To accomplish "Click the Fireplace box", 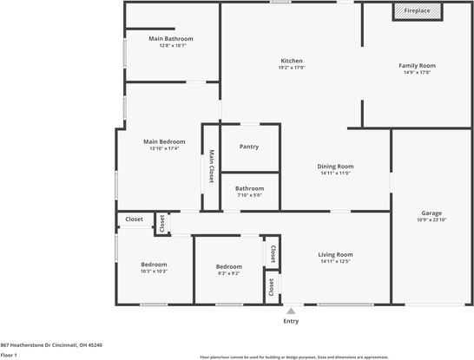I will [x=418, y=11].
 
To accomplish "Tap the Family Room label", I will [x=417, y=66].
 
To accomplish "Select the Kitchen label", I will [x=291, y=61].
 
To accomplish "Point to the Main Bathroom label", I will [x=170, y=39].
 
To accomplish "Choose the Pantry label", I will [x=249, y=147].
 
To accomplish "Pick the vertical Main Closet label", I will [x=211, y=167].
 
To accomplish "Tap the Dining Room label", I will [x=334, y=166].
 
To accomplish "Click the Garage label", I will [x=431, y=213].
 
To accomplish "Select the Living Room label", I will [x=334, y=254].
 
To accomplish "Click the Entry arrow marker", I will [x=291, y=310].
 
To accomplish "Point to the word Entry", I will [x=291, y=321].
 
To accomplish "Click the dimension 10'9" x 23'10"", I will [x=431, y=219].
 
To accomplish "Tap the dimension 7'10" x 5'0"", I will [x=249, y=195].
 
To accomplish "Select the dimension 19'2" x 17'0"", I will [x=291, y=68].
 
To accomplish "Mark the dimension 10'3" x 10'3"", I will [x=155, y=272].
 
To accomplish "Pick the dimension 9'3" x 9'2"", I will [x=228, y=273].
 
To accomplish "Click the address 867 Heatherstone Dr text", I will [x=51, y=344].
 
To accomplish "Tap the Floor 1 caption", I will [x=10, y=355].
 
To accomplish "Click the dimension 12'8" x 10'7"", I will [x=170, y=46].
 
